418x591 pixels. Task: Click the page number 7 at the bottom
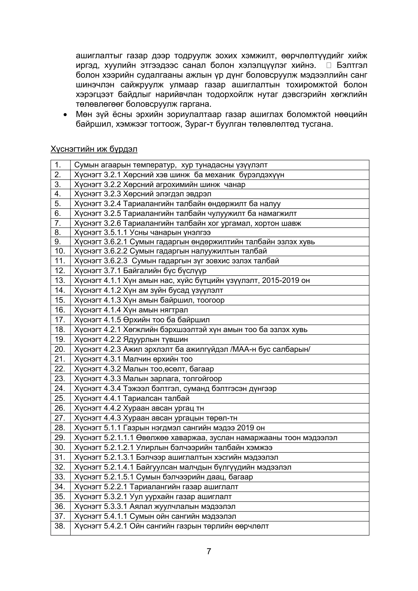point(209,551)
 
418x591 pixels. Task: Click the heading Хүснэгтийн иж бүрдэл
point(94,149)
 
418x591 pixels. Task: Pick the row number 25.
point(60,399)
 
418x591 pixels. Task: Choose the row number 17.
point(60,320)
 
